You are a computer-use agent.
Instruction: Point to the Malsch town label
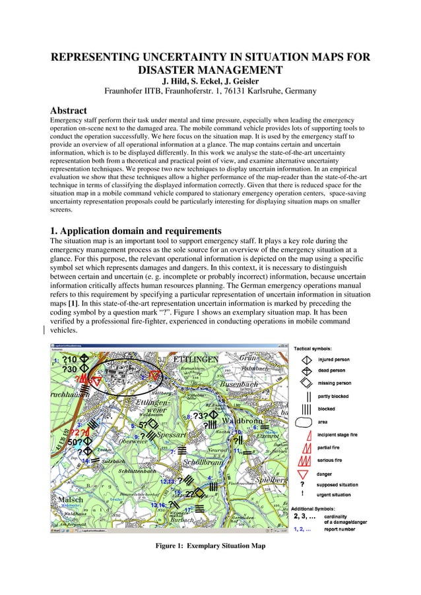71,500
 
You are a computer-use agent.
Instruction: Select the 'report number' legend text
340,529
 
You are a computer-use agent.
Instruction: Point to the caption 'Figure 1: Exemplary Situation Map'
210,546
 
